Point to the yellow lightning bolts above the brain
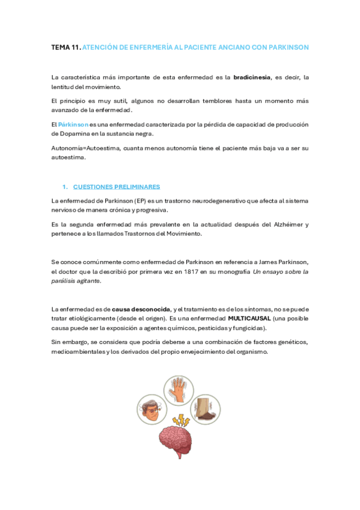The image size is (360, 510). tap(179, 419)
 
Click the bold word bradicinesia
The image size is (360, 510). tap(252, 78)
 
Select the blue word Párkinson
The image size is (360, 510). tap(73, 124)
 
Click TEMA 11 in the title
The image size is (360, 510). tap(66, 47)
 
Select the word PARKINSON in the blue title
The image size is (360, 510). tap(286, 47)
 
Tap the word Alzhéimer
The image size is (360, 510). tap(287, 224)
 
